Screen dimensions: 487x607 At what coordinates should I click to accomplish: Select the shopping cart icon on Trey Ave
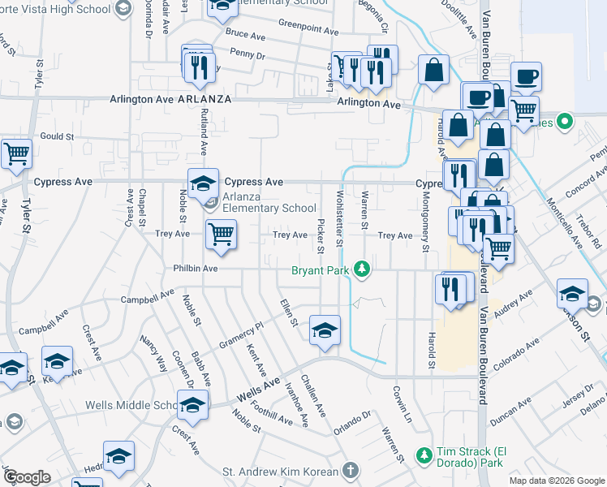coord(221,235)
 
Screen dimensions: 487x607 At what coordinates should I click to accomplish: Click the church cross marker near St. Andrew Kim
coord(350,470)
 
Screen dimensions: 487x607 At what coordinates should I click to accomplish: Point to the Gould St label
coord(57,137)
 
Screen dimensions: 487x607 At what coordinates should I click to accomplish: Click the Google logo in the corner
coord(27,477)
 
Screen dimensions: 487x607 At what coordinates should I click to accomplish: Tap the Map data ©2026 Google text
coord(556,481)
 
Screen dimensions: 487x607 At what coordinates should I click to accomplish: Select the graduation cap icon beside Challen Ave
coord(325,331)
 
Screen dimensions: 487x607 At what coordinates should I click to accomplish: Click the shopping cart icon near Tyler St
coord(15,153)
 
